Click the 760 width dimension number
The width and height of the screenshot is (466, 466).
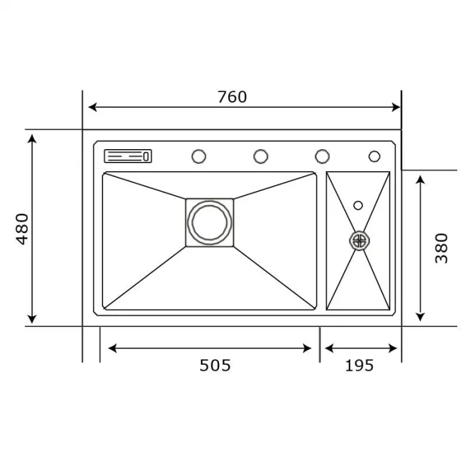(232, 97)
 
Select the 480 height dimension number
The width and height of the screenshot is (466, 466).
(23, 228)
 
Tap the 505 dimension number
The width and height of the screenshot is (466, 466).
(215, 365)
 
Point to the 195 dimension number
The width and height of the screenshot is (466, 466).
(359, 365)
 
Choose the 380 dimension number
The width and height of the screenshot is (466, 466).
(441, 248)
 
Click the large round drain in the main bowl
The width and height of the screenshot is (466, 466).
(209, 222)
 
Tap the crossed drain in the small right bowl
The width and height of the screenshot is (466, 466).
(359, 240)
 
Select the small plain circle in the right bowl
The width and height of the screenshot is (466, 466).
(358, 205)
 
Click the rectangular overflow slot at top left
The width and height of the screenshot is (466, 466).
(128, 156)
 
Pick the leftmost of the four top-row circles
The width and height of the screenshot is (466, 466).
(198, 156)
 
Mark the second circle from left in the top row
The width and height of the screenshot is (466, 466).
(261, 156)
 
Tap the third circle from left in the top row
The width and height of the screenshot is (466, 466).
(322, 156)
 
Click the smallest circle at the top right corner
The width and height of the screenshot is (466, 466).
(374, 156)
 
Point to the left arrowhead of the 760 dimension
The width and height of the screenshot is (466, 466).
(93, 107)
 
